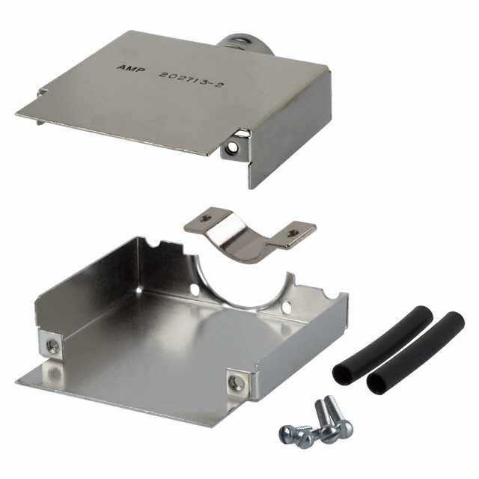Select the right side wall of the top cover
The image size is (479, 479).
(292, 123)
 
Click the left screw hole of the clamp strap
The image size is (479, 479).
(202, 219)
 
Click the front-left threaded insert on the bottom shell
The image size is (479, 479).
(53, 345)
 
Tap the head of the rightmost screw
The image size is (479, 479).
(345, 430)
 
